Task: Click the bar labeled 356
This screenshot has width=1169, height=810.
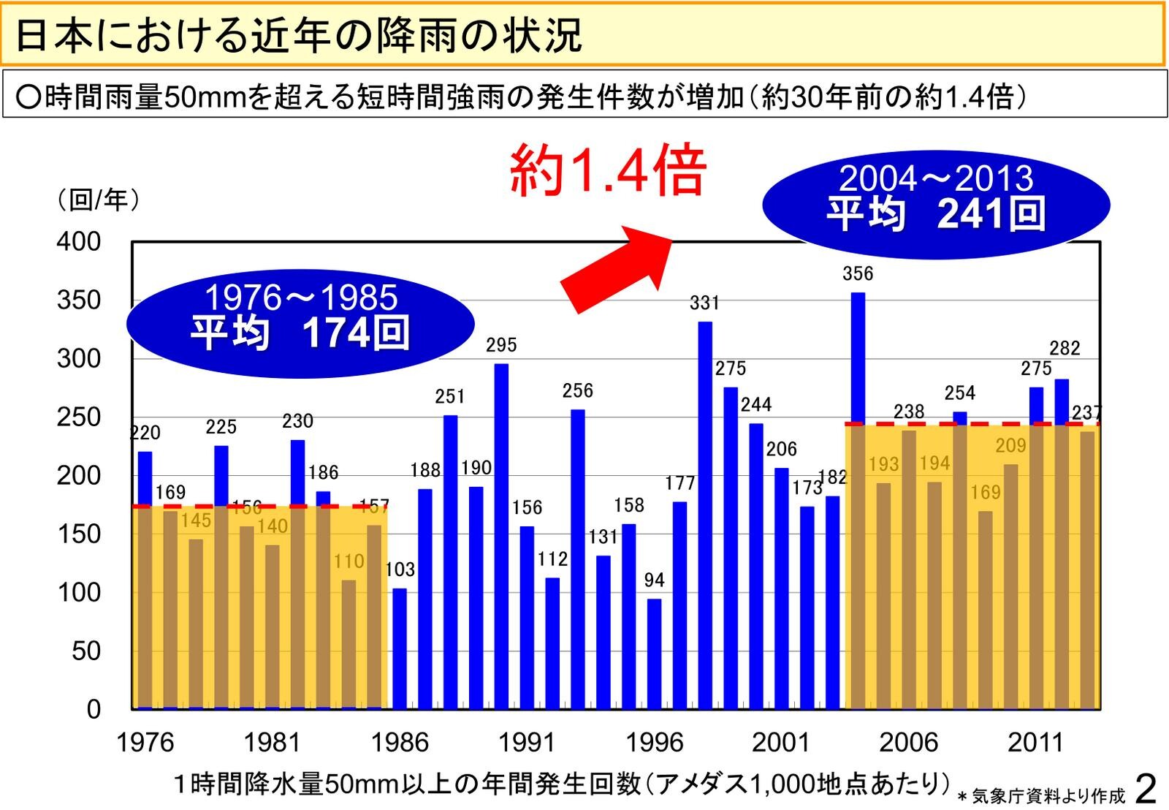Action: pos(858,358)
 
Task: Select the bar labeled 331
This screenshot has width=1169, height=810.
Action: pos(705,512)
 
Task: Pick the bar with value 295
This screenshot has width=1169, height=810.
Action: pos(501,534)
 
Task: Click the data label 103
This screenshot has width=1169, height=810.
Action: pos(400,569)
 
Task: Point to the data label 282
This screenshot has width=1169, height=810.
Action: pos(1065,349)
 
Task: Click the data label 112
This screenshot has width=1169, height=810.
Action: pos(552,559)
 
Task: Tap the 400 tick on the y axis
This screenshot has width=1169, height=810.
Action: pos(79,241)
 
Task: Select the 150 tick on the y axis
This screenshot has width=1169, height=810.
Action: pos(79,534)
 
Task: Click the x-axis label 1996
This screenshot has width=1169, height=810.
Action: pos(654,743)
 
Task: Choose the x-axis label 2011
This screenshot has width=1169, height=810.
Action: pos(1035,743)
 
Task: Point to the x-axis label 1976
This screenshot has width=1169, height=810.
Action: pos(145,743)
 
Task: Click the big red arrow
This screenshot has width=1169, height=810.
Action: pos(615,268)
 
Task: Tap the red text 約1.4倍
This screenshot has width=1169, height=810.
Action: pos(607,170)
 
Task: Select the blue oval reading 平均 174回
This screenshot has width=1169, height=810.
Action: pos(300,322)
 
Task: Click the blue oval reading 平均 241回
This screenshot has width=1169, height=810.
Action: pos(936,204)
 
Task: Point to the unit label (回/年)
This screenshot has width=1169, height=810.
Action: pos(98,199)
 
